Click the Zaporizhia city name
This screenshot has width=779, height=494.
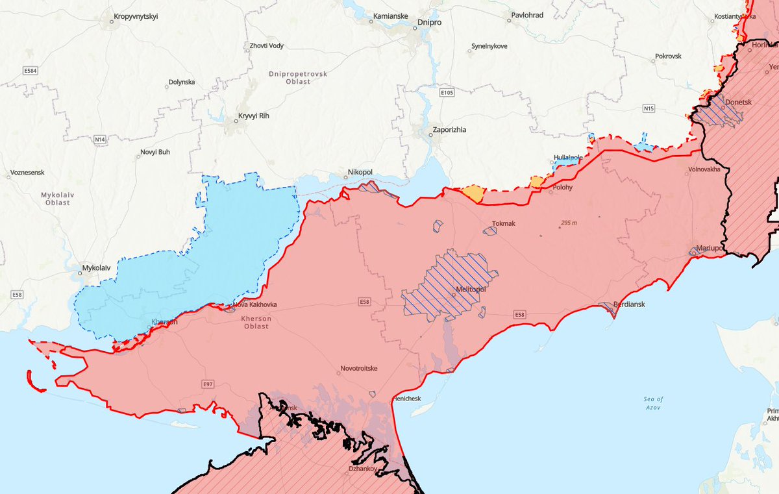(x=450, y=130)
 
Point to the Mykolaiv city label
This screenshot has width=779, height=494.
(x=96, y=267)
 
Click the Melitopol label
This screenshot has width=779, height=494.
(x=471, y=290)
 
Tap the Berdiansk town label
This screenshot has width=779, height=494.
(x=628, y=303)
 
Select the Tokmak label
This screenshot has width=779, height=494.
(x=503, y=224)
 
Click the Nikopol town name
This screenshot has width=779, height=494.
(x=360, y=171)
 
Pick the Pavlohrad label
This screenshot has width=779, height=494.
(x=527, y=15)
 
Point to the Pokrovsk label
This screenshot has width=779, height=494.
(x=668, y=56)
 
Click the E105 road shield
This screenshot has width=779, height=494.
(x=447, y=93)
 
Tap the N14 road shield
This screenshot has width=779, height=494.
(x=99, y=139)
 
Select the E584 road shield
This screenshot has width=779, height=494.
(x=29, y=71)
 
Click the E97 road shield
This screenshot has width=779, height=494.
(x=208, y=384)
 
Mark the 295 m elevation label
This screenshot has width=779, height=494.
(x=569, y=223)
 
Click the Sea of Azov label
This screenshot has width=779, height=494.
(x=654, y=403)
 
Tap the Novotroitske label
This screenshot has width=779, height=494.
(x=359, y=369)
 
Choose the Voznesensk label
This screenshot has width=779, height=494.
(x=29, y=174)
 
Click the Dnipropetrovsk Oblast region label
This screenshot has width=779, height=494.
(x=297, y=78)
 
